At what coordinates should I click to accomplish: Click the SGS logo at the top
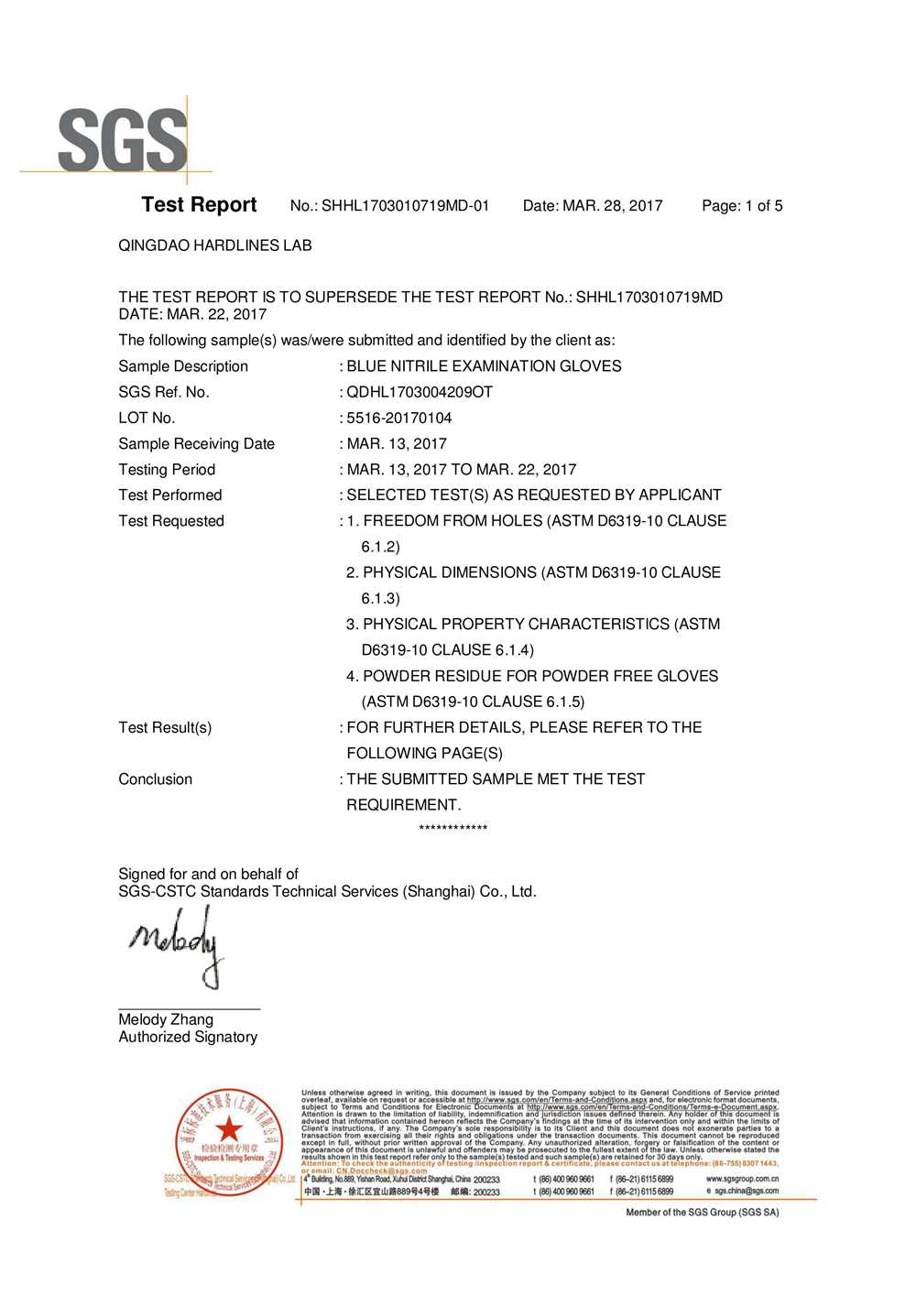(x=123, y=140)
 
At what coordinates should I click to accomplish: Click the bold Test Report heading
(x=199, y=205)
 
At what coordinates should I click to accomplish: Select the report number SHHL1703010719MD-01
(x=405, y=206)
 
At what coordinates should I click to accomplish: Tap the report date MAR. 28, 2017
(x=612, y=206)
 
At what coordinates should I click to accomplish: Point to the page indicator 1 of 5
(x=763, y=206)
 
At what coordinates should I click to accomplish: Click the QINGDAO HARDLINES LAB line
(x=215, y=245)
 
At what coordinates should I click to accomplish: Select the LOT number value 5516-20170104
(x=399, y=419)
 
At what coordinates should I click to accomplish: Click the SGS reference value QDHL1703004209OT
(x=420, y=392)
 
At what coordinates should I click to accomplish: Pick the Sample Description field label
(x=183, y=366)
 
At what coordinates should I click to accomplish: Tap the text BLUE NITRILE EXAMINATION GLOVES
(x=484, y=366)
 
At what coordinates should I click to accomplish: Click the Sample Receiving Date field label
(x=196, y=444)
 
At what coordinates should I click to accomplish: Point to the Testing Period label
(x=167, y=470)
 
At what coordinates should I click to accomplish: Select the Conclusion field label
(x=156, y=779)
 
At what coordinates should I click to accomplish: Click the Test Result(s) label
(x=165, y=728)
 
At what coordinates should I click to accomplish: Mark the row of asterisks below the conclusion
(x=453, y=829)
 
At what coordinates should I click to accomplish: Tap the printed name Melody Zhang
(x=166, y=1019)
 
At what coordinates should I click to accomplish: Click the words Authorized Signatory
(x=188, y=1037)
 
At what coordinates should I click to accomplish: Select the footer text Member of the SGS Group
(x=703, y=1213)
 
